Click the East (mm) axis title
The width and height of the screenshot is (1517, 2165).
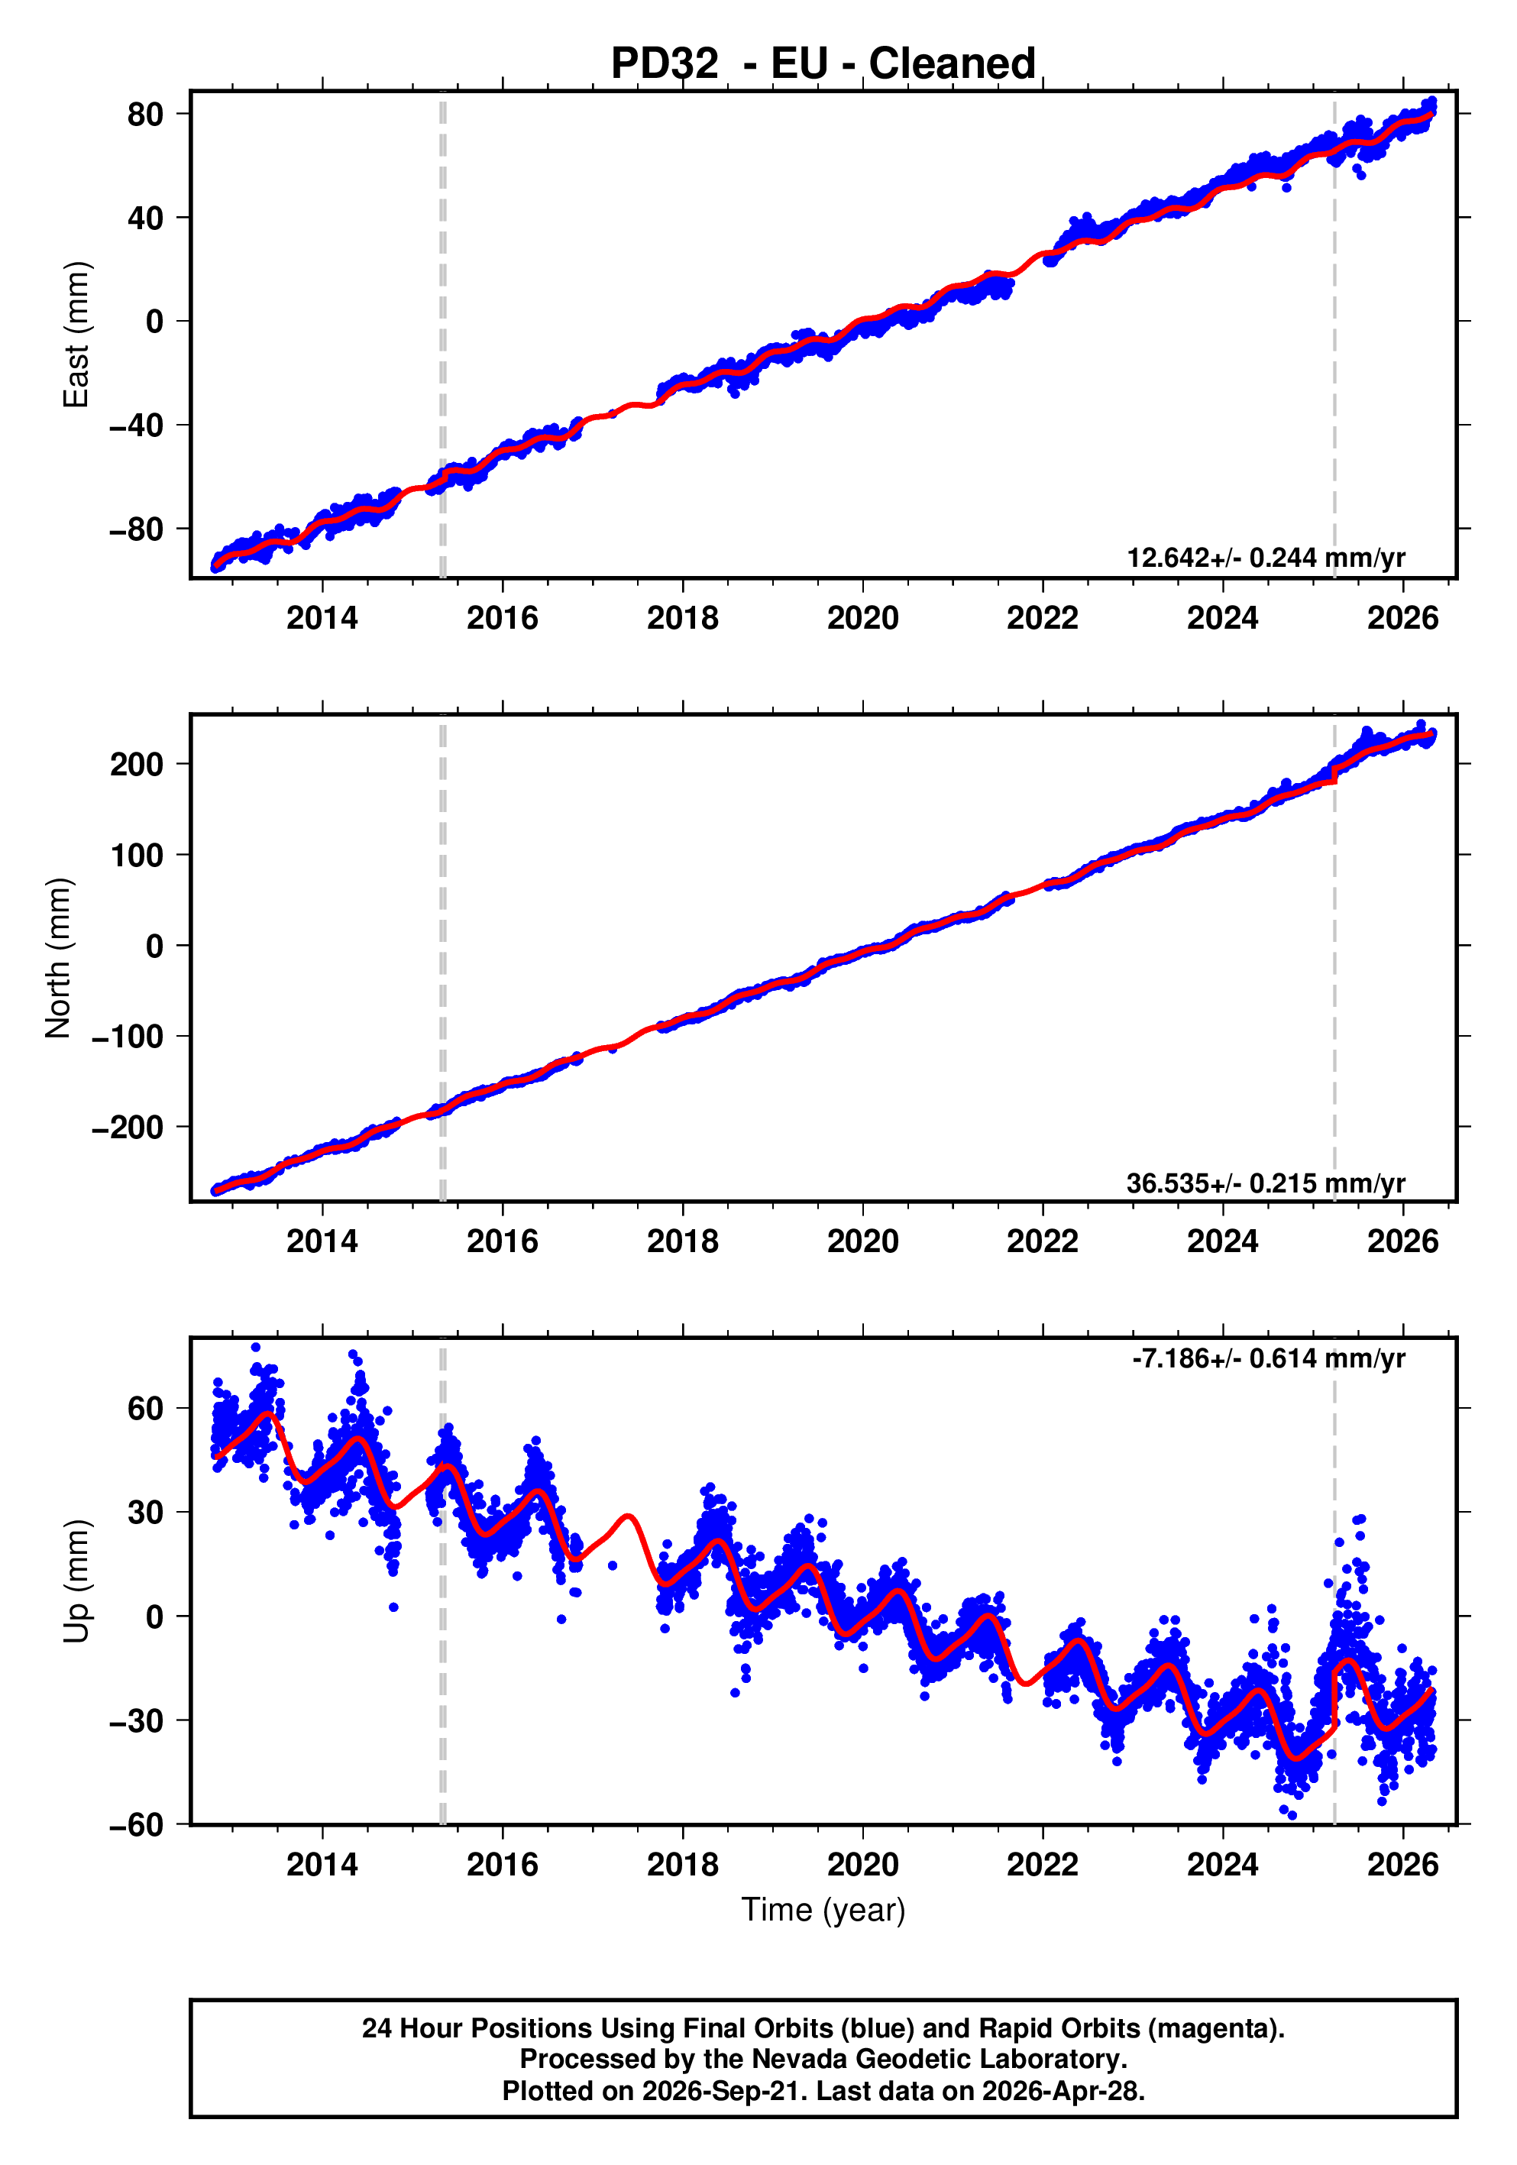(76, 335)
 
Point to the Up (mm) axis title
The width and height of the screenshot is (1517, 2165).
(76, 1581)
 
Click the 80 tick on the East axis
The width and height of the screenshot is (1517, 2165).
(145, 114)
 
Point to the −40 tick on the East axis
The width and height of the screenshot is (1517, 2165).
(136, 426)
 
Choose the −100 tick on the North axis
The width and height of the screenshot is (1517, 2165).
(128, 1037)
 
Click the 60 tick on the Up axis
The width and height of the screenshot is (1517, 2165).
(145, 1409)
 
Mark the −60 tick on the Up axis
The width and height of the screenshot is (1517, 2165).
(136, 1824)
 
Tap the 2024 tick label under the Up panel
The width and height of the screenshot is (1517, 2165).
(1223, 1864)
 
